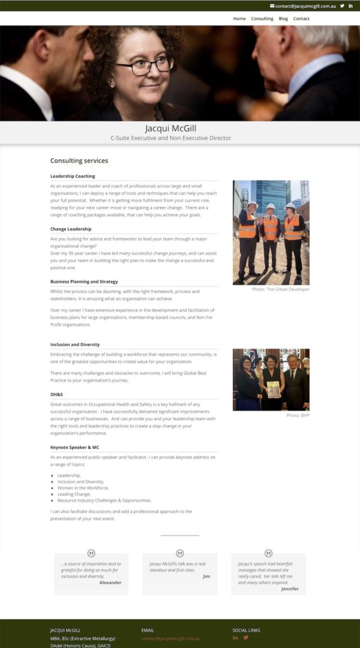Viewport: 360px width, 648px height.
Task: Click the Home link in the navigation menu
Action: (239, 18)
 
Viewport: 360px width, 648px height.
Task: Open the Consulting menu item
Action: (262, 18)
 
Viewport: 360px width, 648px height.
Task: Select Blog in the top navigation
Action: (283, 18)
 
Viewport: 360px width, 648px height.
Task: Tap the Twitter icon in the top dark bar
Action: (342, 6)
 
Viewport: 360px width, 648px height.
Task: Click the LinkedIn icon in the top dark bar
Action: (351, 6)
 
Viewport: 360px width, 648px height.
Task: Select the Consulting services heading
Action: (79, 161)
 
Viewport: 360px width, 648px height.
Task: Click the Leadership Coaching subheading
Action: (73, 176)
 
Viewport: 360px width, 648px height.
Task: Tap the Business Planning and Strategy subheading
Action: (84, 282)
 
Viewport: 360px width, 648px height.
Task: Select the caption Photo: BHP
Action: (297, 415)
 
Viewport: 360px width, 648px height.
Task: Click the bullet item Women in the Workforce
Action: (84, 489)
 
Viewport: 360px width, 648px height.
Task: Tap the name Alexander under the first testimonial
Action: (110, 582)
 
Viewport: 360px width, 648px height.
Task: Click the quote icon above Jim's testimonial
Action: (180, 554)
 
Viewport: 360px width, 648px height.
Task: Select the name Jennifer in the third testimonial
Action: (290, 589)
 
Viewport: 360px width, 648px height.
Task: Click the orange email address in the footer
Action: (170, 639)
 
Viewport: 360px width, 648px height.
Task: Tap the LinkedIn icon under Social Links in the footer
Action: (235, 637)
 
